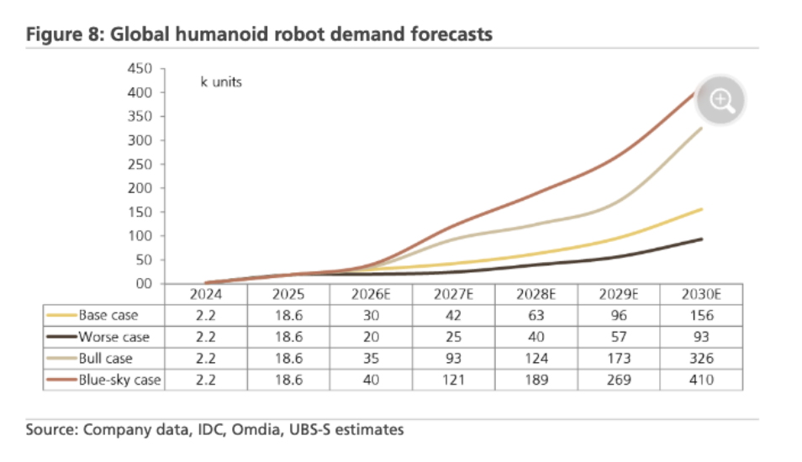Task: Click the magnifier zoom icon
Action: tap(721, 101)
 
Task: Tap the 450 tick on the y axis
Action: tap(139, 69)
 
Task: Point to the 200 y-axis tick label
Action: tap(139, 188)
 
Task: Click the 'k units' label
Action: tap(221, 83)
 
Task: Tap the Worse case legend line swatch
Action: tap(62, 338)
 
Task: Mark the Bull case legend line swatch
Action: tap(62, 359)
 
